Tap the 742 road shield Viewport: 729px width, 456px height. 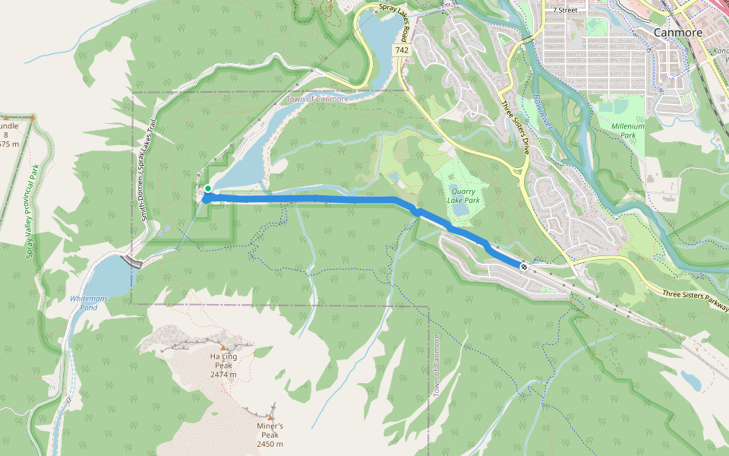pos(402,49)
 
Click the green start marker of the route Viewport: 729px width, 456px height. pos(207,188)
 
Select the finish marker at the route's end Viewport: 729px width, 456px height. pos(524,266)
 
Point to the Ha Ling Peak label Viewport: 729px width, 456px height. pos(223,365)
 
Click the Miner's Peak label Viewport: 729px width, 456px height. pos(270,435)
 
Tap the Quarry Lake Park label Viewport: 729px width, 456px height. pos(464,196)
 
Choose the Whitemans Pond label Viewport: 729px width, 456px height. pos(89,302)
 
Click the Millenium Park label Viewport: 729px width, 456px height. pos(627,131)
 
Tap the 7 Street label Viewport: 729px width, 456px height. pos(566,10)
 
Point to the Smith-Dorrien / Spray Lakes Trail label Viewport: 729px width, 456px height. pos(148,171)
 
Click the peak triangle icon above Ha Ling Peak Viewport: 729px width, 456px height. pos(223,347)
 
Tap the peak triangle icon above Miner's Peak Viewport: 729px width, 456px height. pos(270,417)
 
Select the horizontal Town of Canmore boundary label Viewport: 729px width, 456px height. pos(317,99)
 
